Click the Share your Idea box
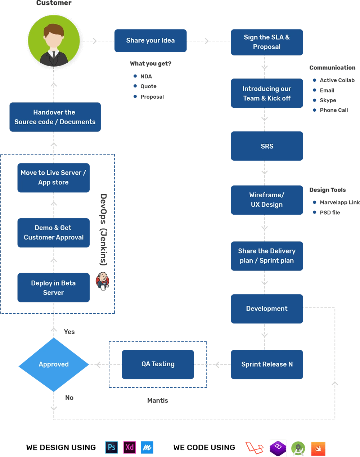pos(150,41)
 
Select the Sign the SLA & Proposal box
pos(267,42)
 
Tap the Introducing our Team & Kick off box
pos(267,93)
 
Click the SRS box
pos(267,146)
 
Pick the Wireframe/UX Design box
pos(267,200)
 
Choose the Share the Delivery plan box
pos(267,255)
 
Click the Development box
pos(267,309)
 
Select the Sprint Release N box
pos(267,364)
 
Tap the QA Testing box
pos(158,364)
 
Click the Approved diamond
pos(54,364)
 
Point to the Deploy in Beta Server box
pos(54,287)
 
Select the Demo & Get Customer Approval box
pos(54,232)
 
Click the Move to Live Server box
pos(54,177)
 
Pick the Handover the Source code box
pos(55,117)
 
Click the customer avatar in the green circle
pos(54,41)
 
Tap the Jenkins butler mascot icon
pos(103,281)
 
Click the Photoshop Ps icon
pos(112,447)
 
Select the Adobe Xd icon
pos(130,447)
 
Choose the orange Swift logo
pos(318,448)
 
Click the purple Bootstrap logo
pos(278,448)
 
